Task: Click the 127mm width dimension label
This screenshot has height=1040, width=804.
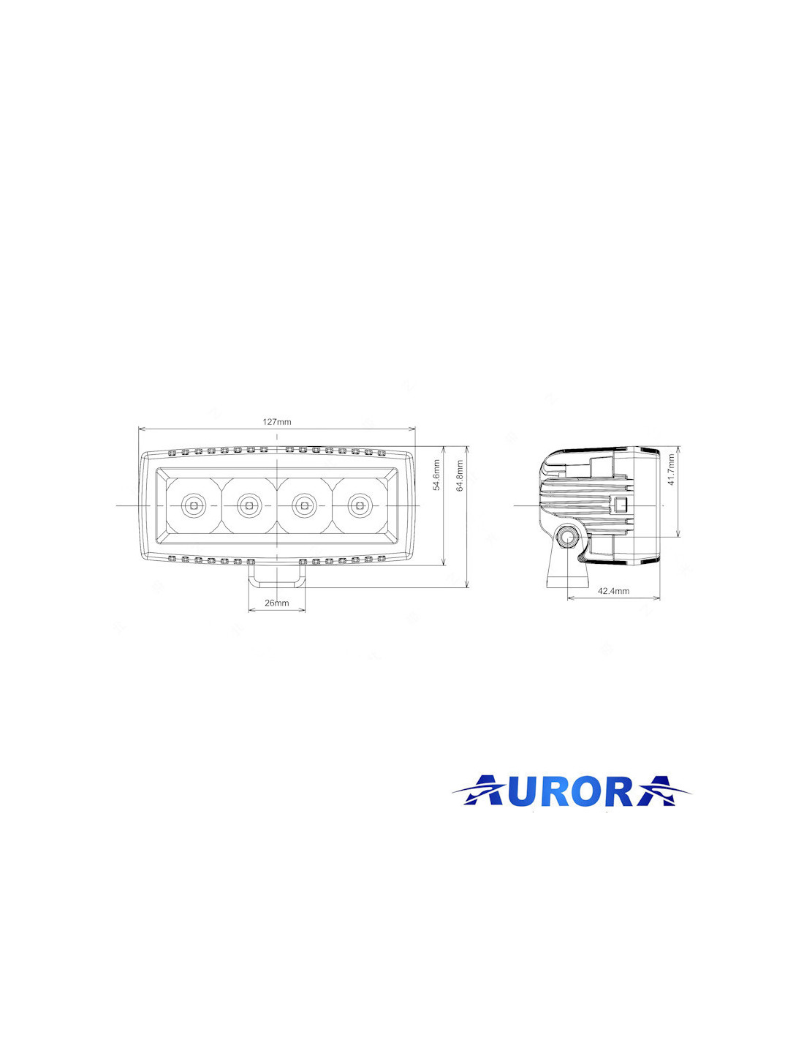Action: pyautogui.click(x=277, y=422)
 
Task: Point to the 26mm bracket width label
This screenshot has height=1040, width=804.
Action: pyautogui.click(x=277, y=603)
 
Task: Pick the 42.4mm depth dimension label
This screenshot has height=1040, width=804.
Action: pyautogui.click(x=614, y=591)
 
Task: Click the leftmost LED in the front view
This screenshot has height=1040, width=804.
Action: pyautogui.click(x=193, y=505)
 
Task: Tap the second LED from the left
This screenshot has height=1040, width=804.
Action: pyautogui.click(x=249, y=505)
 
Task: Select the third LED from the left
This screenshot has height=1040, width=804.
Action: pyautogui.click(x=304, y=505)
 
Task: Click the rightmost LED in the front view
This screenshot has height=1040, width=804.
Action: pyautogui.click(x=360, y=505)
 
